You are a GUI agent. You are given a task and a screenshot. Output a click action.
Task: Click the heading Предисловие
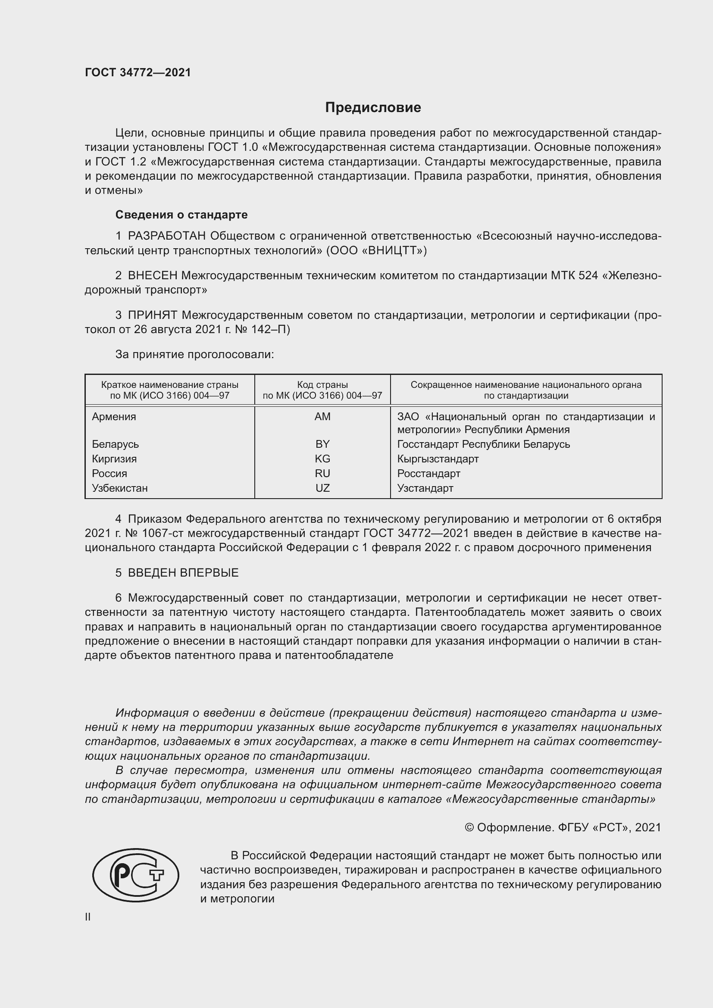pos(373,108)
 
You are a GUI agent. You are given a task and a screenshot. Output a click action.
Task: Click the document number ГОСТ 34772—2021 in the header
pos(138,72)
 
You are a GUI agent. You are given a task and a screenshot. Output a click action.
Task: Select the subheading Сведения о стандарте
pos(181,215)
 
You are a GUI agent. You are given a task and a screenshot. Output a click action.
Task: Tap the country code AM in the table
pos(322,417)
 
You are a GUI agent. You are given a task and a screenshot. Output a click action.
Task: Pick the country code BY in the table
pos(322,444)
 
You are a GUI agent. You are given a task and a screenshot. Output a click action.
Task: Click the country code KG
pos(322,459)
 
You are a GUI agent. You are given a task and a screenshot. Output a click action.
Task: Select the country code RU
pos(322,473)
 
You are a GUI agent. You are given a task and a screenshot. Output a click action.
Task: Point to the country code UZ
pos(322,488)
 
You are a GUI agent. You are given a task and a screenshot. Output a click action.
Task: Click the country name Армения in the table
pos(114,417)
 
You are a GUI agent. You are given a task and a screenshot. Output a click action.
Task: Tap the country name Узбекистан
pos(119,488)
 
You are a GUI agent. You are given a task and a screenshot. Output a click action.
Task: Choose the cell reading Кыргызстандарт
pos(438,459)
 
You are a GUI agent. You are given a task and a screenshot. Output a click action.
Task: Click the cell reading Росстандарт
pos(428,473)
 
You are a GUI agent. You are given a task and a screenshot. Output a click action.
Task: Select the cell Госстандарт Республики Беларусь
pos(483,444)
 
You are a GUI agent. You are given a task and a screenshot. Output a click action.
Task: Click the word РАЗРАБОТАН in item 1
pos(167,236)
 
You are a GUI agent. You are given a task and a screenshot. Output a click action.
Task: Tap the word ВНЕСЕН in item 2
pos(152,276)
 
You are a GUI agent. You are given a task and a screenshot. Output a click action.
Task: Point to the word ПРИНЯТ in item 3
pos(152,315)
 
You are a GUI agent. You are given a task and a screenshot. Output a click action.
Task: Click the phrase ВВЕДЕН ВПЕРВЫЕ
pos(183,572)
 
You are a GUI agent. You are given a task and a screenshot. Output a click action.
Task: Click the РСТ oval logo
pos(136,875)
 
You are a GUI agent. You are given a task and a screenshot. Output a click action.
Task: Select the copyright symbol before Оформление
pos(469,827)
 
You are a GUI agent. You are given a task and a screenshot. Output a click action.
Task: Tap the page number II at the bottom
pos(88,917)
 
